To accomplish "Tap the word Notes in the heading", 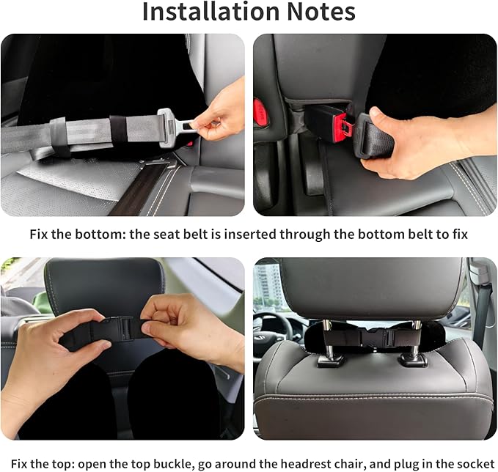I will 319,12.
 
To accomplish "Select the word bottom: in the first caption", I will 100,235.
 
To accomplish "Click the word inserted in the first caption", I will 244,235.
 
